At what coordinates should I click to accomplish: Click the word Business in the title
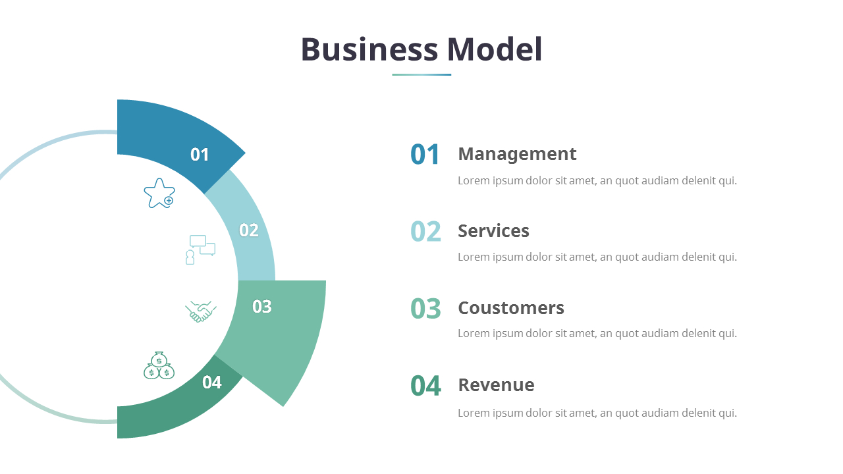point(369,50)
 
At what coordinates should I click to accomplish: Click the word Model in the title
point(494,50)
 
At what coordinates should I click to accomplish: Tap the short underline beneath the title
point(421,74)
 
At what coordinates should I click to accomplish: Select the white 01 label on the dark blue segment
point(200,155)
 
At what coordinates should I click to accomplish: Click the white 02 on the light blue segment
point(248,230)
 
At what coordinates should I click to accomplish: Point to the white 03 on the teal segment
point(261,307)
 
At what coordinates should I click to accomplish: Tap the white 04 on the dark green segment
point(212,382)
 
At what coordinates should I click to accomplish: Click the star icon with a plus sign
point(159,194)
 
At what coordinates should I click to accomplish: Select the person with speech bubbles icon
point(200,250)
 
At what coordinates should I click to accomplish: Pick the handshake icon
point(201,311)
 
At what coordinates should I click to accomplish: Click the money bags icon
point(159,365)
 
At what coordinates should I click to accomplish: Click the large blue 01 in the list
point(425,155)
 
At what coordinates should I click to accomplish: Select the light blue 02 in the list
point(425,232)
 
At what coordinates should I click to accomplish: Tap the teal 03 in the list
point(425,309)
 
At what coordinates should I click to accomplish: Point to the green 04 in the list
point(425,386)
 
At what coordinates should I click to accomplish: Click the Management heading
point(517,154)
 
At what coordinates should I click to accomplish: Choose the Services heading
point(493,231)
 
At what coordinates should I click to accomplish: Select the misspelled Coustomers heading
point(511,308)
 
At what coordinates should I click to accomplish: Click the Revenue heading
point(496,385)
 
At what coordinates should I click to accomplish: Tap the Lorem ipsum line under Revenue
point(597,413)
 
